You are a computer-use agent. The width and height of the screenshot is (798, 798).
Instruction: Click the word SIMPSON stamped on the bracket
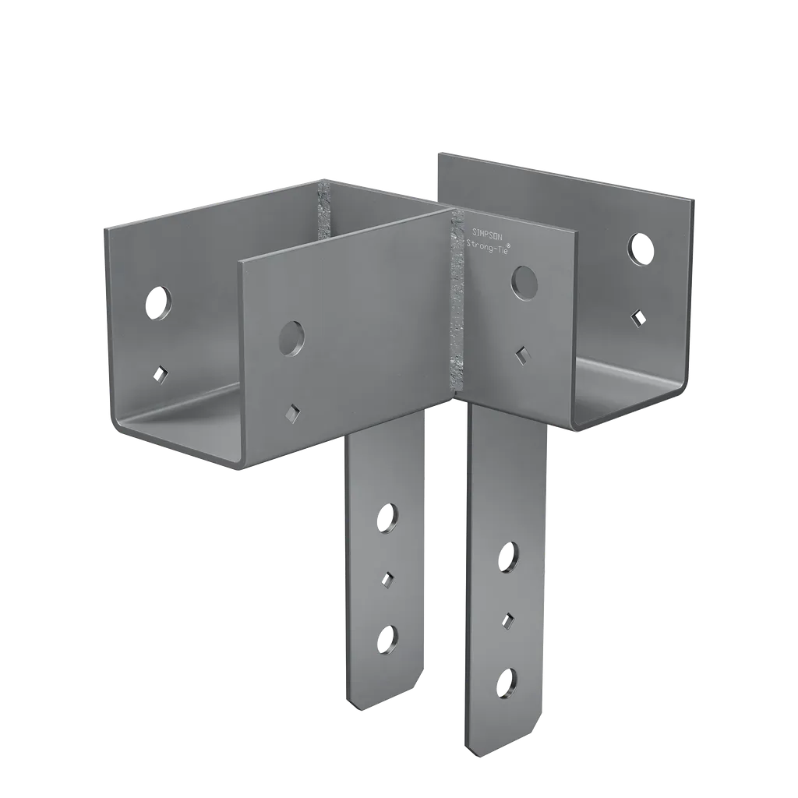pos(489,231)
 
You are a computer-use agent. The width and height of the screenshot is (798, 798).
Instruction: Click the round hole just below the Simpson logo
pos(524,281)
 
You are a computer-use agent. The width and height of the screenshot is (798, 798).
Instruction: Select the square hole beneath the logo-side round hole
pos(521,354)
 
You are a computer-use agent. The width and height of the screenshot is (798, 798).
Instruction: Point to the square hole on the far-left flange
pos(161,375)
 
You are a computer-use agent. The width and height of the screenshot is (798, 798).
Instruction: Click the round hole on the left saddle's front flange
pos(291,337)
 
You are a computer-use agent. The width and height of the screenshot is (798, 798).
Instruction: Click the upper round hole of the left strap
pos(386,518)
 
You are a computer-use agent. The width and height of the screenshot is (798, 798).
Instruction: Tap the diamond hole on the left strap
pos(387,578)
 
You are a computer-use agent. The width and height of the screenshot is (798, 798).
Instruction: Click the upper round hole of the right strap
pos(507,556)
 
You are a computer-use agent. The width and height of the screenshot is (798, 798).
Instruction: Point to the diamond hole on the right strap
pos(507,620)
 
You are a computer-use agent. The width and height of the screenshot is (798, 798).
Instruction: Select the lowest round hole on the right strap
pos(507,683)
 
